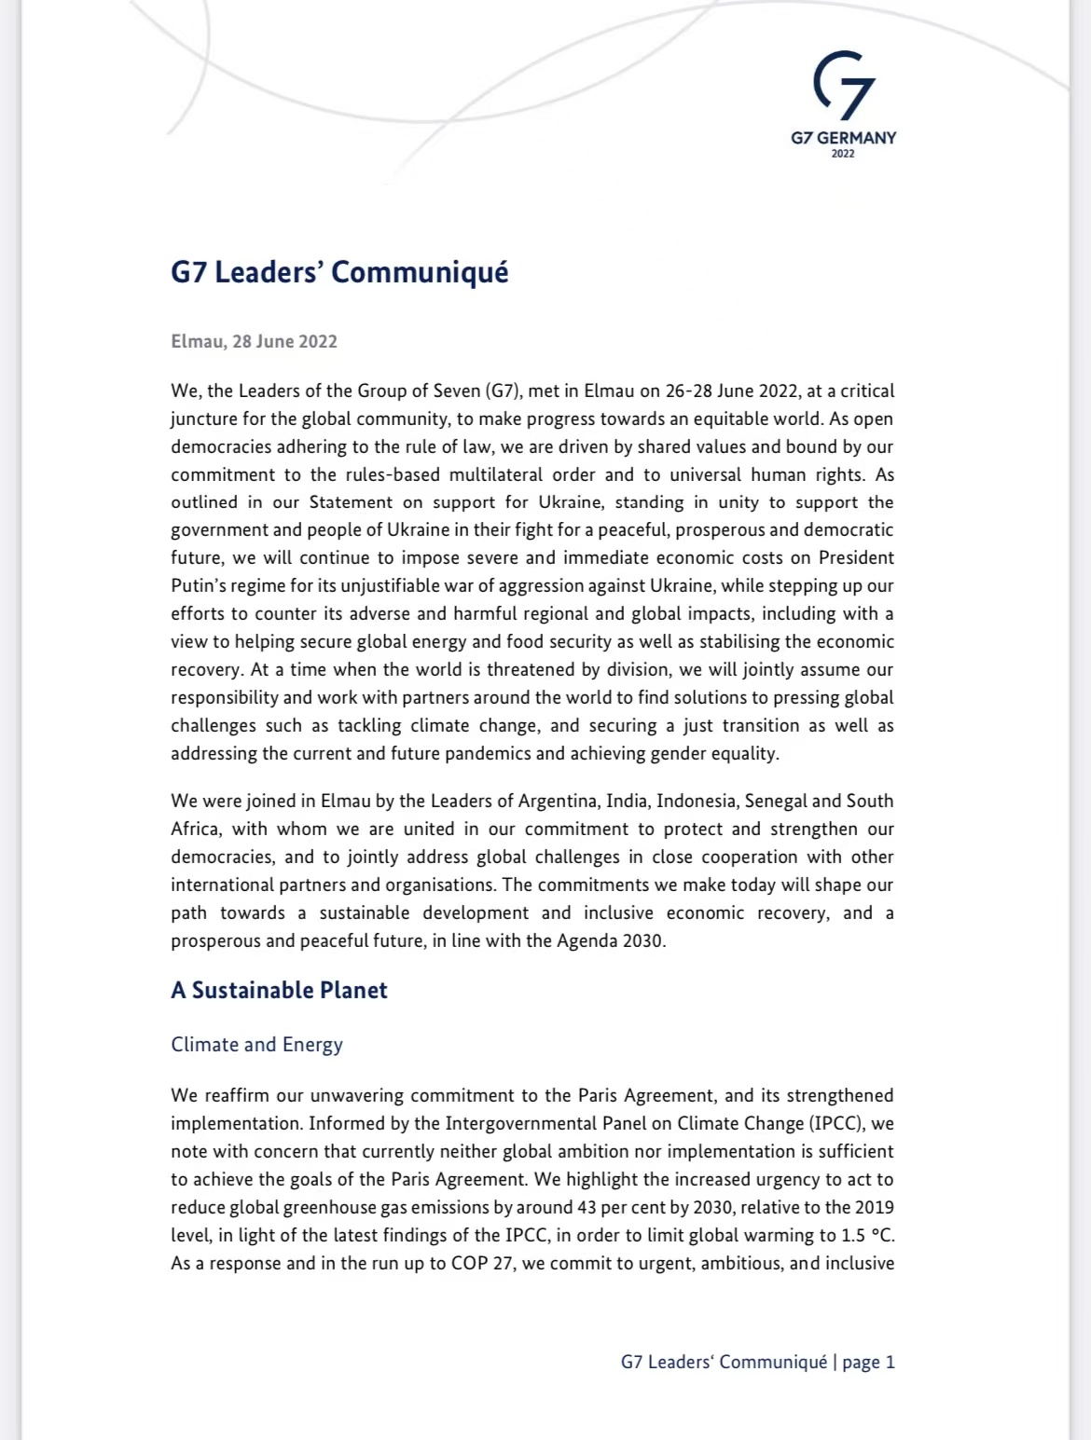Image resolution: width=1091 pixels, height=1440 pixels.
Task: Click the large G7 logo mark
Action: coord(844,86)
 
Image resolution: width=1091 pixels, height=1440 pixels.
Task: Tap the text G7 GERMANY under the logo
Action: coord(843,138)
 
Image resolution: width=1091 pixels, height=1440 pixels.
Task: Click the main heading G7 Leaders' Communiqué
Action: coord(339,272)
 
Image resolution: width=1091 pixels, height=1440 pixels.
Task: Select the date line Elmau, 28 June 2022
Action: coord(254,341)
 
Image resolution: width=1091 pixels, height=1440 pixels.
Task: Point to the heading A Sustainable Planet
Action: coord(279,990)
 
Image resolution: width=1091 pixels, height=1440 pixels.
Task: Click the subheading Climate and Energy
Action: coord(256,1045)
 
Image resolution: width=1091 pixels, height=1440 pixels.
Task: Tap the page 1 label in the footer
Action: coord(868,1363)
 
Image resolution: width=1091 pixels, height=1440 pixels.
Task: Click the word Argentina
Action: coord(557,801)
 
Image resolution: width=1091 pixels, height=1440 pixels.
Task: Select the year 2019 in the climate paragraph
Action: coord(875,1208)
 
